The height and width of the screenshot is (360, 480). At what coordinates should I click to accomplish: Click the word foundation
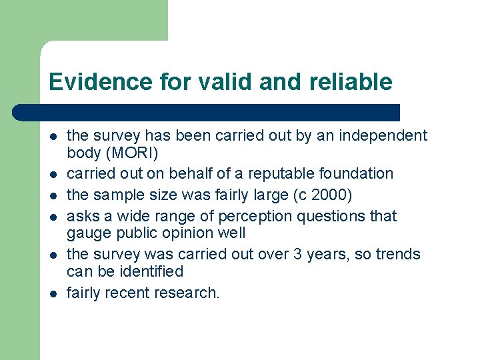(x=357, y=173)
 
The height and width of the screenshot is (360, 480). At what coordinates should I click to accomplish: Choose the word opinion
(x=191, y=233)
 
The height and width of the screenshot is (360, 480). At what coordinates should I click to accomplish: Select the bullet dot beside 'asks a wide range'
(x=53, y=217)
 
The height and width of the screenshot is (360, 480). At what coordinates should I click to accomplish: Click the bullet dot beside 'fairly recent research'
(x=53, y=293)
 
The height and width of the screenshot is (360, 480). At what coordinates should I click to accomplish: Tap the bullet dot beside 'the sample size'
(x=53, y=195)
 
